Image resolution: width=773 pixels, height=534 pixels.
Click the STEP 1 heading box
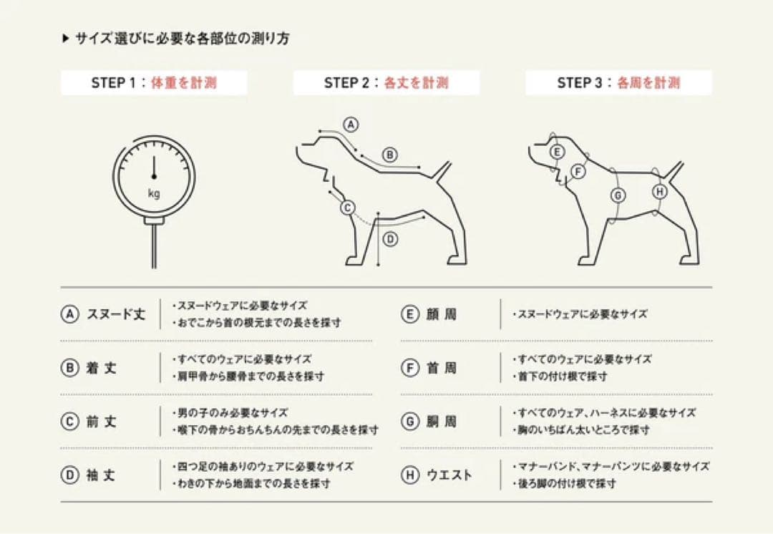click(154, 82)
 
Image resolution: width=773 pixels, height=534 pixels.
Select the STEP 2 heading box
click(386, 82)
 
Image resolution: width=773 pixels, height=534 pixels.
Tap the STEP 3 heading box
click(618, 82)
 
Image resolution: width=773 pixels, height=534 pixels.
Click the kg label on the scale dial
click(154, 193)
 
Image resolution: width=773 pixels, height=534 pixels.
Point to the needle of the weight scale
click(154, 166)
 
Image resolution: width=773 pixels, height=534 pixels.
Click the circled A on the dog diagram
click(350, 124)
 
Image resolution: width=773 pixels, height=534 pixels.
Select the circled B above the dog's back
click(389, 154)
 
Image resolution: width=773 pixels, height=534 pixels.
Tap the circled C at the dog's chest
click(347, 208)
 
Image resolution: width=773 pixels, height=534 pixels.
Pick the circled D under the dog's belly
click(389, 240)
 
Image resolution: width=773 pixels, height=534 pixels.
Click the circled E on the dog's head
click(558, 152)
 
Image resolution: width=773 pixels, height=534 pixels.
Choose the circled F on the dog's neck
click(578, 171)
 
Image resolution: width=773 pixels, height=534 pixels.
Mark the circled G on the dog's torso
click(618, 195)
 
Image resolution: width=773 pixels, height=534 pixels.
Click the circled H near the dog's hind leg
click(659, 191)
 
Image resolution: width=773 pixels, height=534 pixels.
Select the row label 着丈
click(102, 368)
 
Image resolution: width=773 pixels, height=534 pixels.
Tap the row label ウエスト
click(449, 475)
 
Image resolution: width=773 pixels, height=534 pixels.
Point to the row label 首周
click(441, 368)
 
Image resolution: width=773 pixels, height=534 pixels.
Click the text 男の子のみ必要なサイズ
click(230, 413)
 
